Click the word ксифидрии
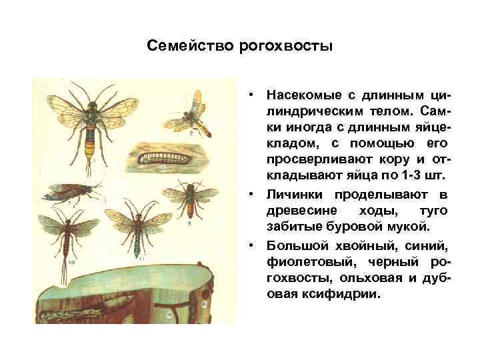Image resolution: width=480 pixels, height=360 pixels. [x=341, y=293]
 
